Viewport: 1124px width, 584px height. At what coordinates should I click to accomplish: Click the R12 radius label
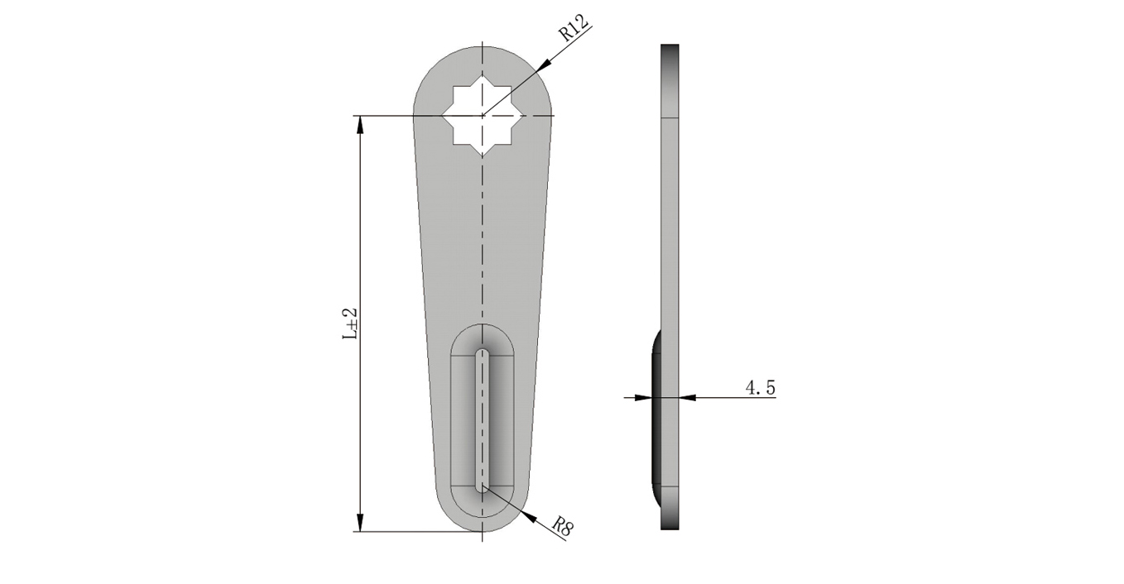[573, 27]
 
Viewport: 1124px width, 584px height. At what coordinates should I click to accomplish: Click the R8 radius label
[563, 527]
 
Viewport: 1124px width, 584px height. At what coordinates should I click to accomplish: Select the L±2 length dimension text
[350, 323]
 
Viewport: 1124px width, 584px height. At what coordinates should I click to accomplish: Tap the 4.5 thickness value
[760, 387]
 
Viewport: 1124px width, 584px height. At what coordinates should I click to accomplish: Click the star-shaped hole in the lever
[483, 116]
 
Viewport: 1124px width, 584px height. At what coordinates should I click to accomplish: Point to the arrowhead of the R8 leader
[528, 517]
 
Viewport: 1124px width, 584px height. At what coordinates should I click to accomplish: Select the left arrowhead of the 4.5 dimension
[643, 398]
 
